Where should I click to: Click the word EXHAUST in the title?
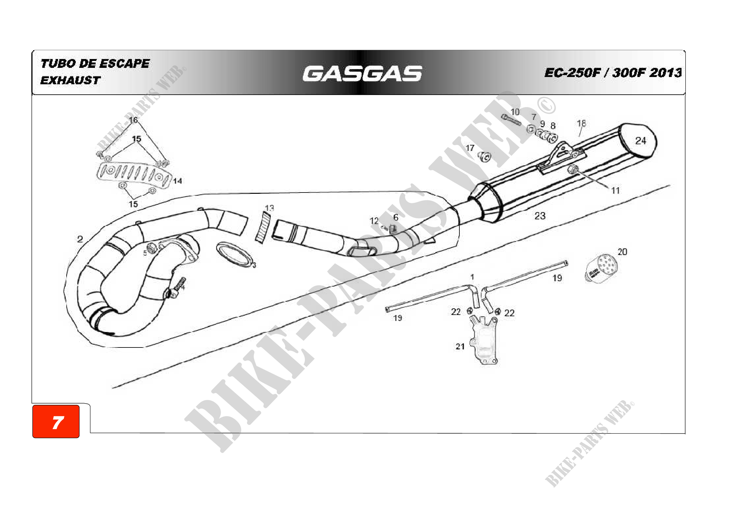[70, 80]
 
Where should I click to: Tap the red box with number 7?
[56, 421]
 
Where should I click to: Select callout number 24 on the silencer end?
[640, 141]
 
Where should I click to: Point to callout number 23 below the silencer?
[540, 216]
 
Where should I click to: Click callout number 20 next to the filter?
[622, 252]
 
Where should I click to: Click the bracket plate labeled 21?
[485, 341]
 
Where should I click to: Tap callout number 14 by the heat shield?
[177, 181]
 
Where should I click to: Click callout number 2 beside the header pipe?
[80, 239]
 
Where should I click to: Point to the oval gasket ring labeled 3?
[234, 255]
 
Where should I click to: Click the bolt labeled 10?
[511, 120]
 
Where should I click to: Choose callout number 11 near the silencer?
[615, 191]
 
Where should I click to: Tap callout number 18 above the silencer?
[581, 123]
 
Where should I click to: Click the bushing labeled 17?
[484, 157]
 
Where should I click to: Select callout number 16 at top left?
[133, 120]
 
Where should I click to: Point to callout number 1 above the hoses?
[472, 277]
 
